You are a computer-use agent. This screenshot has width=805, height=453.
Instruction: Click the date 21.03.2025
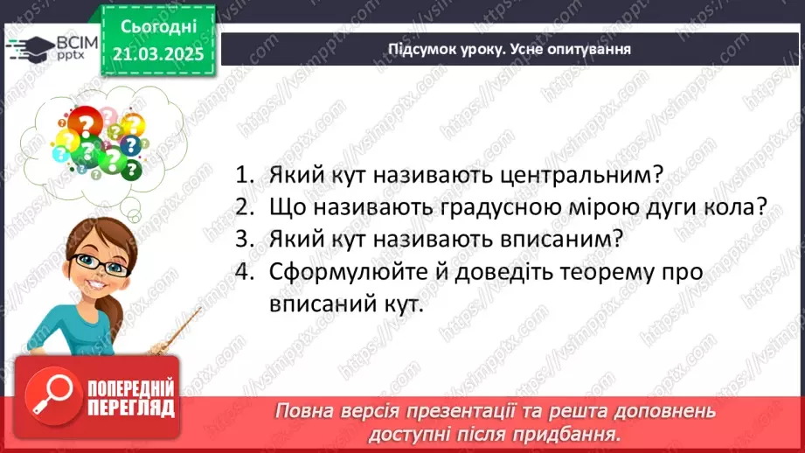[157, 53]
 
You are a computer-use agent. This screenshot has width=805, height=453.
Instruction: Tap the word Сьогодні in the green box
[157, 26]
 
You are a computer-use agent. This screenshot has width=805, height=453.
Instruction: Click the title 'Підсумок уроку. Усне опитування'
[510, 48]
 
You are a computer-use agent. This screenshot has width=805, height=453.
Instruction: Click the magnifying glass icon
[49, 399]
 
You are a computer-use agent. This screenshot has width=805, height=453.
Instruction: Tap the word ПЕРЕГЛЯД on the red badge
[131, 408]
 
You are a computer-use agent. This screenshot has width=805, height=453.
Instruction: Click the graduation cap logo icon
[27, 46]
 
